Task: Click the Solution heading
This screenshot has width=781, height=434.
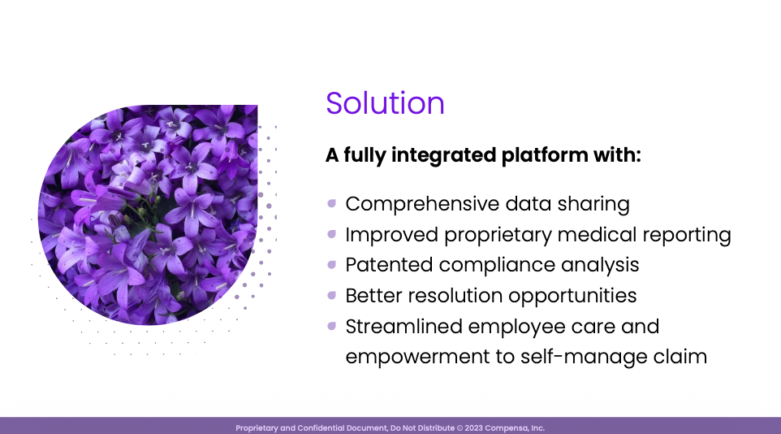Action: point(385,103)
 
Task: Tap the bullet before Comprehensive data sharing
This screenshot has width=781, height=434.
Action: point(332,203)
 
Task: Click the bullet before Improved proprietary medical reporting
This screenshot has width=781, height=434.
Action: point(332,234)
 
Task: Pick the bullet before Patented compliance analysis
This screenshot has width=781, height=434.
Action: point(332,264)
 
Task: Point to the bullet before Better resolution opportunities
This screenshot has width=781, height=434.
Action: point(332,295)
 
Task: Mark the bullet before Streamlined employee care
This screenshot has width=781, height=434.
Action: point(332,326)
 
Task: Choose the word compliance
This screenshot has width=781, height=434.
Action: point(496,266)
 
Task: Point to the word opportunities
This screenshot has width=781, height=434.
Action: point(578,297)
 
